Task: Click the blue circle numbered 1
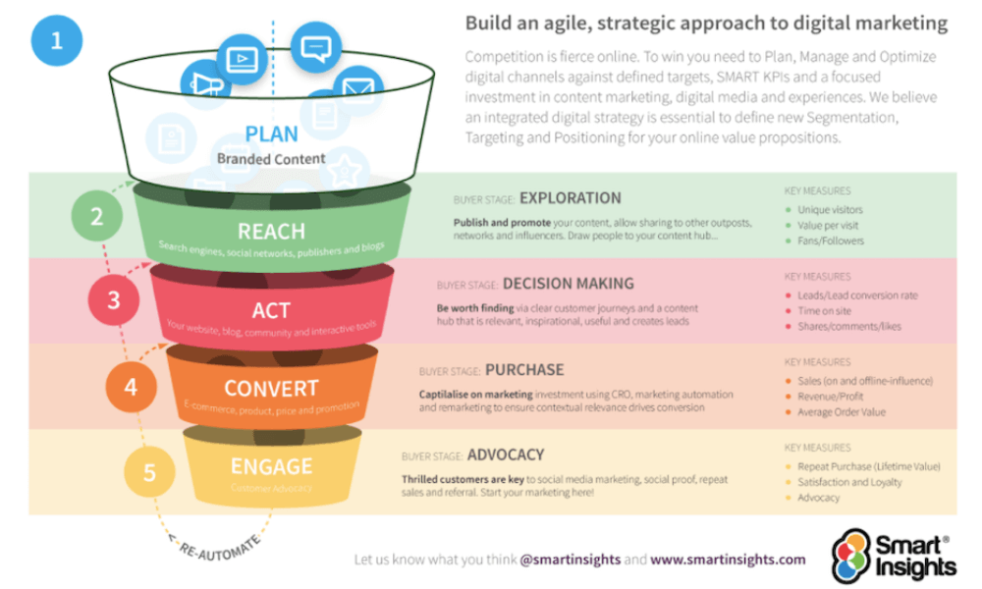[57, 42]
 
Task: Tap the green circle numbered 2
[96, 216]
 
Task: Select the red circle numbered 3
[114, 299]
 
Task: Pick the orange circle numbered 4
[131, 385]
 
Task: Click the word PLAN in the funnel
[272, 134]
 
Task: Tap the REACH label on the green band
[271, 232]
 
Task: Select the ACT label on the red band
[271, 310]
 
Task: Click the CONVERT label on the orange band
[271, 388]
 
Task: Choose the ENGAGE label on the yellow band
[271, 465]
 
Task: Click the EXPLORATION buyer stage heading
[570, 198]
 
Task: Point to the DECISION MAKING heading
[568, 284]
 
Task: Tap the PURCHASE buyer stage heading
[524, 370]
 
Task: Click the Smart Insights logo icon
[851, 555]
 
